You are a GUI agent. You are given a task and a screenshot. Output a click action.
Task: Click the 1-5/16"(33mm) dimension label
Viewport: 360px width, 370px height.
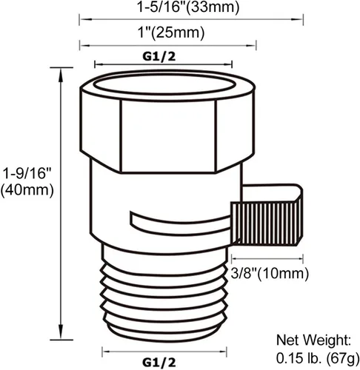[188, 7]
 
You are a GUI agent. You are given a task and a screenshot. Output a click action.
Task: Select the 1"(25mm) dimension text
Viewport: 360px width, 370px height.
[171, 33]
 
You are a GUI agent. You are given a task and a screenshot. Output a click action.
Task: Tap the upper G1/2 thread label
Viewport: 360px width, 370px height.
[159, 56]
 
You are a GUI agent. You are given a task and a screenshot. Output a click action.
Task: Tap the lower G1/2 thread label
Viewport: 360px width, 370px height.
[159, 363]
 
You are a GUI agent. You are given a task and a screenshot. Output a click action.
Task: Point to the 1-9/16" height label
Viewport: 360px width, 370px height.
[27, 173]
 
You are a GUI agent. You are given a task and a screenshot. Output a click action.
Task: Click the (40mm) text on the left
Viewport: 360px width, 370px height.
[27, 190]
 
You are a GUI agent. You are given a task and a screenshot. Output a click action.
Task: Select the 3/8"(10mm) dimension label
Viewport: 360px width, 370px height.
[270, 273]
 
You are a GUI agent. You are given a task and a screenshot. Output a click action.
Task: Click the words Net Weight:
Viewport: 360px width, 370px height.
[313, 340]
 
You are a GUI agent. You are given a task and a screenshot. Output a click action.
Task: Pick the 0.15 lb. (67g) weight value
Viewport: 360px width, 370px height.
[318, 358]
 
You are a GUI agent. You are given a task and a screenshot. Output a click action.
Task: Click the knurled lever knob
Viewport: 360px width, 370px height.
[267, 223]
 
